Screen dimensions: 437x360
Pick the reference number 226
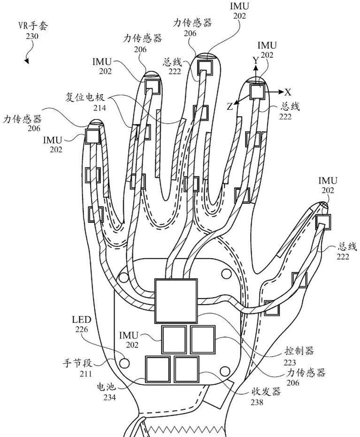click(82, 330)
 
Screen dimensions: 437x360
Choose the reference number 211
click(85, 374)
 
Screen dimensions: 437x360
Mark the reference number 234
click(109, 398)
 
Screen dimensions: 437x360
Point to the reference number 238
click(257, 402)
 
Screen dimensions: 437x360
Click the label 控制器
click(299, 351)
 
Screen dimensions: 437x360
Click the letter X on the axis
click(288, 92)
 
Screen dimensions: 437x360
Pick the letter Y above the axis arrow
click(255, 60)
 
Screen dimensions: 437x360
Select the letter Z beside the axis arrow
click(230, 107)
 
